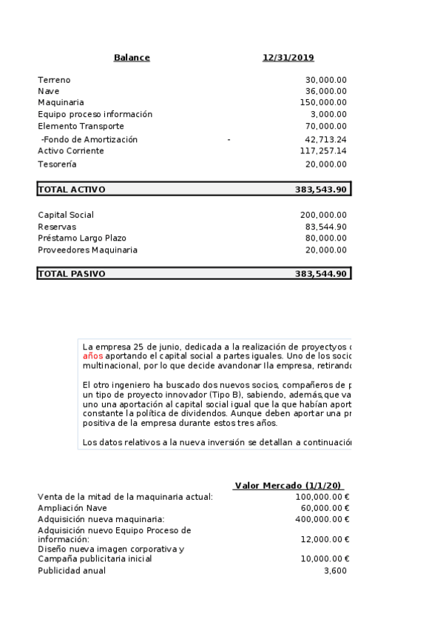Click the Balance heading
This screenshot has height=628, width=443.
coord(132,58)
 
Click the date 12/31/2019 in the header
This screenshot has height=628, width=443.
coord(288,58)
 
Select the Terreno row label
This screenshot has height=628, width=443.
coord(54,80)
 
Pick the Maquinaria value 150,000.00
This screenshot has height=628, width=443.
coord(323,102)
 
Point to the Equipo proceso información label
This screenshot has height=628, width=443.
coord(95,114)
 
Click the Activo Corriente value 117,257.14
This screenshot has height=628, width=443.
coord(323,150)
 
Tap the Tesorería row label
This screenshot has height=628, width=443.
coord(57,164)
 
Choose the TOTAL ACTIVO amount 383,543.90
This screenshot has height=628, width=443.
coord(321,190)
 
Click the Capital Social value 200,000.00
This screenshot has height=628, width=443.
coord(323,215)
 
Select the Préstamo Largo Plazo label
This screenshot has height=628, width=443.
coord(82,238)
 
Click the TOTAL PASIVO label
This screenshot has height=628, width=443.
coord(72,274)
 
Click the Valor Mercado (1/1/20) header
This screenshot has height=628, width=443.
coord(288,486)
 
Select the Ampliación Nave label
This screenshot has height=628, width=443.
coord(72,508)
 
